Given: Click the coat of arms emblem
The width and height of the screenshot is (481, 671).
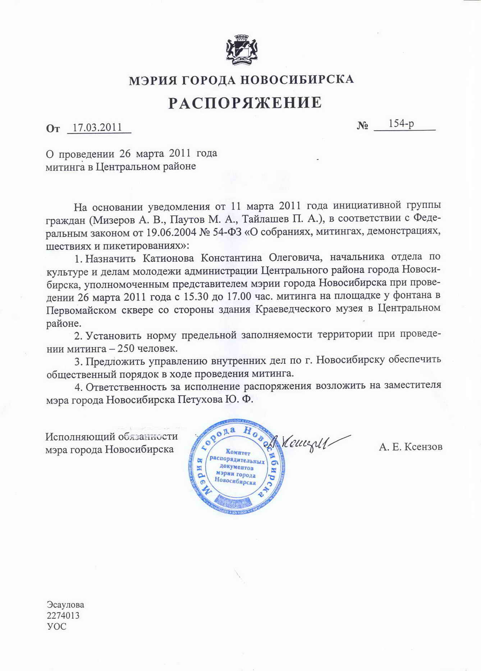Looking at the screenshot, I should point(242,50).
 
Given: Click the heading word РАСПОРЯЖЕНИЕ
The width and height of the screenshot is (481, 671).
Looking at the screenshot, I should point(245,103).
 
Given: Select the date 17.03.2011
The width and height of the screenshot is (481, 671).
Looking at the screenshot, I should point(97,127).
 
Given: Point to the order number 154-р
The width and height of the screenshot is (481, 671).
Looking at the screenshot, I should point(401,124).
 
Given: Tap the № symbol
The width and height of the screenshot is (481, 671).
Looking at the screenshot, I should point(362,126).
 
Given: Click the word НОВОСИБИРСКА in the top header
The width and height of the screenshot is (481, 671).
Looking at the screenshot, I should point(297,79).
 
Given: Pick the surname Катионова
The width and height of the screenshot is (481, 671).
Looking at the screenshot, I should point(168,258).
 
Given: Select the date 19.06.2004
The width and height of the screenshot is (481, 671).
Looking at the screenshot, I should point(171,232).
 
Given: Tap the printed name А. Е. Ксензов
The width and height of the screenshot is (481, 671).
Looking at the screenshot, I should point(411,447).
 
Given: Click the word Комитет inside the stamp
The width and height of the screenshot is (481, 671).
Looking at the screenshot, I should point(238,452).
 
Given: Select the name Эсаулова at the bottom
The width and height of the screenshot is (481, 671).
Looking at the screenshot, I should point(65,604).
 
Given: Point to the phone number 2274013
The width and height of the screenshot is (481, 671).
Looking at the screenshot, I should point(63,615).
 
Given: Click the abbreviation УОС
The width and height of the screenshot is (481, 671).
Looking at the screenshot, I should point(56,626).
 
